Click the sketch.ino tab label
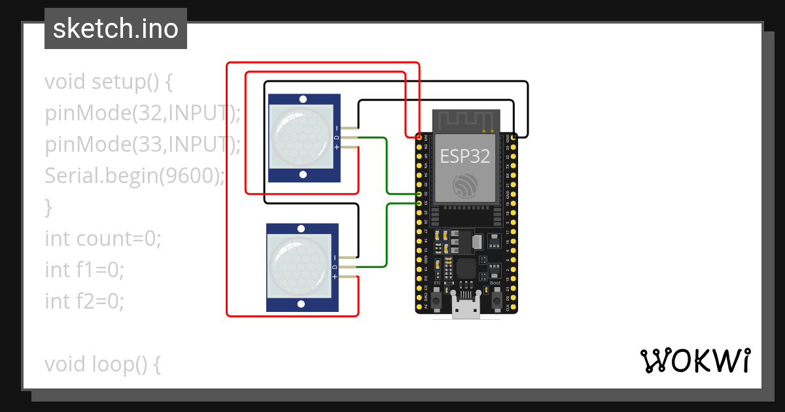tap(115, 29)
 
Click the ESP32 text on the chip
tap(465, 156)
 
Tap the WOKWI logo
tap(695, 360)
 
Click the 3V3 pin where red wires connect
tap(420, 137)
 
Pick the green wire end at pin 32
tap(420, 194)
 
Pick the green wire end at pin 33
tap(420, 203)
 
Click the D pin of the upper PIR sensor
tap(350, 137)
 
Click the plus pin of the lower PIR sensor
tap(349, 277)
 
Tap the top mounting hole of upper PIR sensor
tap(303, 99)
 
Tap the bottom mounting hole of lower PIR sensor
tap(301, 304)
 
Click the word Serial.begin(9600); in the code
tap(135, 176)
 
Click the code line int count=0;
tap(103, 239)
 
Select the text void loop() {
tap(103, 364)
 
